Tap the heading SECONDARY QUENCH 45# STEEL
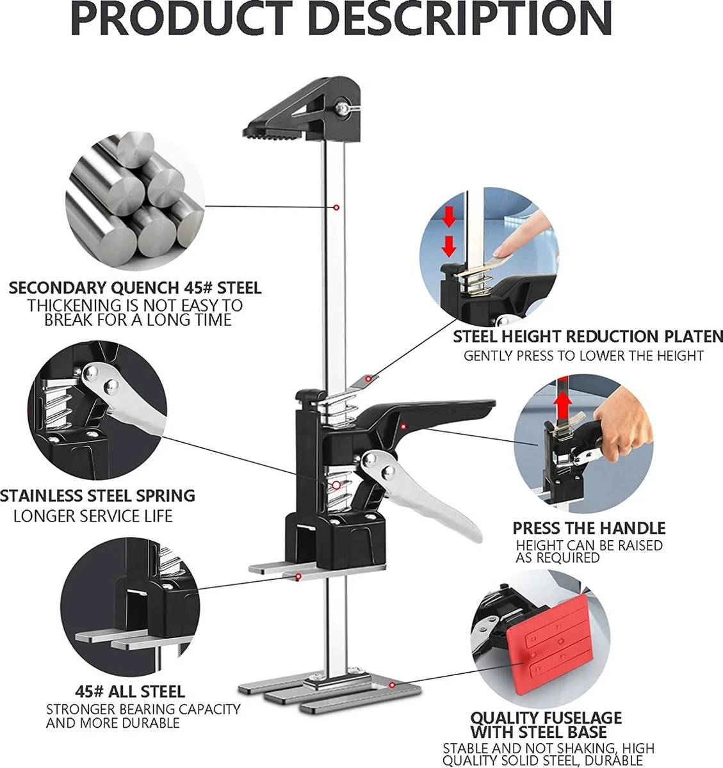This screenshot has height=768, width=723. [135, 289]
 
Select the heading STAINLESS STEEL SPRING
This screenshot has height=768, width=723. [97, 496]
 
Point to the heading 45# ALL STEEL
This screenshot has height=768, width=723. [130, 691]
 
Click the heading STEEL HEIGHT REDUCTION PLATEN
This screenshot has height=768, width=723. [587, 337]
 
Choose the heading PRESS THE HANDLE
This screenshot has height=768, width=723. [589, 528]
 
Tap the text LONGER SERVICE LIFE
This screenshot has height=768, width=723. [93, 516]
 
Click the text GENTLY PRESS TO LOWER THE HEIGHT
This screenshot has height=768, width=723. [583, 356]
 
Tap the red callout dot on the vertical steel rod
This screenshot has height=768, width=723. [336, 207]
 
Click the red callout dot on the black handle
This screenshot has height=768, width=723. [403, 426]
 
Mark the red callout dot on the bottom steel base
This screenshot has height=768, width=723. [392, 685]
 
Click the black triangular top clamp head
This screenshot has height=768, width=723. [303, 109]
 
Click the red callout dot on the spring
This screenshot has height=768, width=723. [336, 485]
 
